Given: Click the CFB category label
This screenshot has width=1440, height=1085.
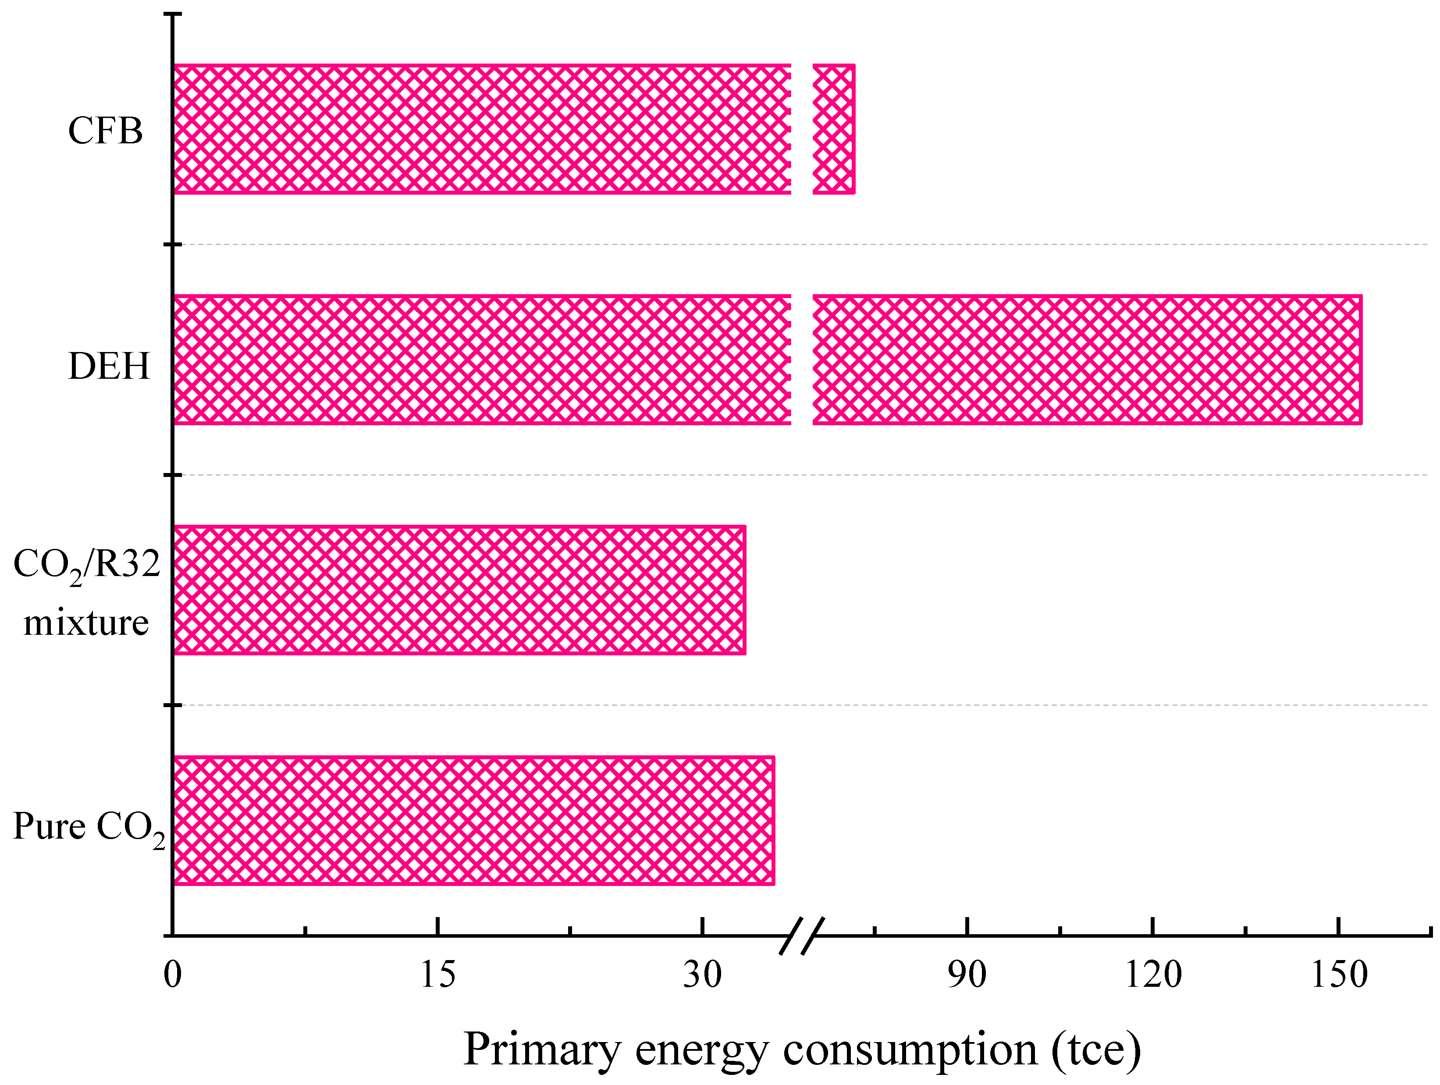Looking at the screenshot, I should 106,130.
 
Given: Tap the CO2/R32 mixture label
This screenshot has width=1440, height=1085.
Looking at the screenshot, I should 87,592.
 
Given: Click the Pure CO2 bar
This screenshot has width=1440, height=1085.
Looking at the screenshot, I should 473,820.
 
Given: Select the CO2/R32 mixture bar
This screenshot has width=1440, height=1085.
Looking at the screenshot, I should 459,590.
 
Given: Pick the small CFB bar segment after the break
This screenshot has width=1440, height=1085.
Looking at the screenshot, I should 833,129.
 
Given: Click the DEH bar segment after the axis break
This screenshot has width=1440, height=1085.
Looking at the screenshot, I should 1087,359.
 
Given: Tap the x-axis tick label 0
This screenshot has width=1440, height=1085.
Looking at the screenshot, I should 173,975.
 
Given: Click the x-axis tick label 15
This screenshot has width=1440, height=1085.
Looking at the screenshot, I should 437,975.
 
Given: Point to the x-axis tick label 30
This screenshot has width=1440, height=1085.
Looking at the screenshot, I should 702,975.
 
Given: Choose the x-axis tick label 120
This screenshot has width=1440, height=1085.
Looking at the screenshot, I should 1153,975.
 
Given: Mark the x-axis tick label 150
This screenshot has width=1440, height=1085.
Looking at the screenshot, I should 1338,975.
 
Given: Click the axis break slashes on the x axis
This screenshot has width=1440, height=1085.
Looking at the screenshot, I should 802,936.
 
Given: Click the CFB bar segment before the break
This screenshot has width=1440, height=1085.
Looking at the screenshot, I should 482,129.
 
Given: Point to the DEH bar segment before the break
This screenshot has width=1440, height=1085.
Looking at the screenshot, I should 482,359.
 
